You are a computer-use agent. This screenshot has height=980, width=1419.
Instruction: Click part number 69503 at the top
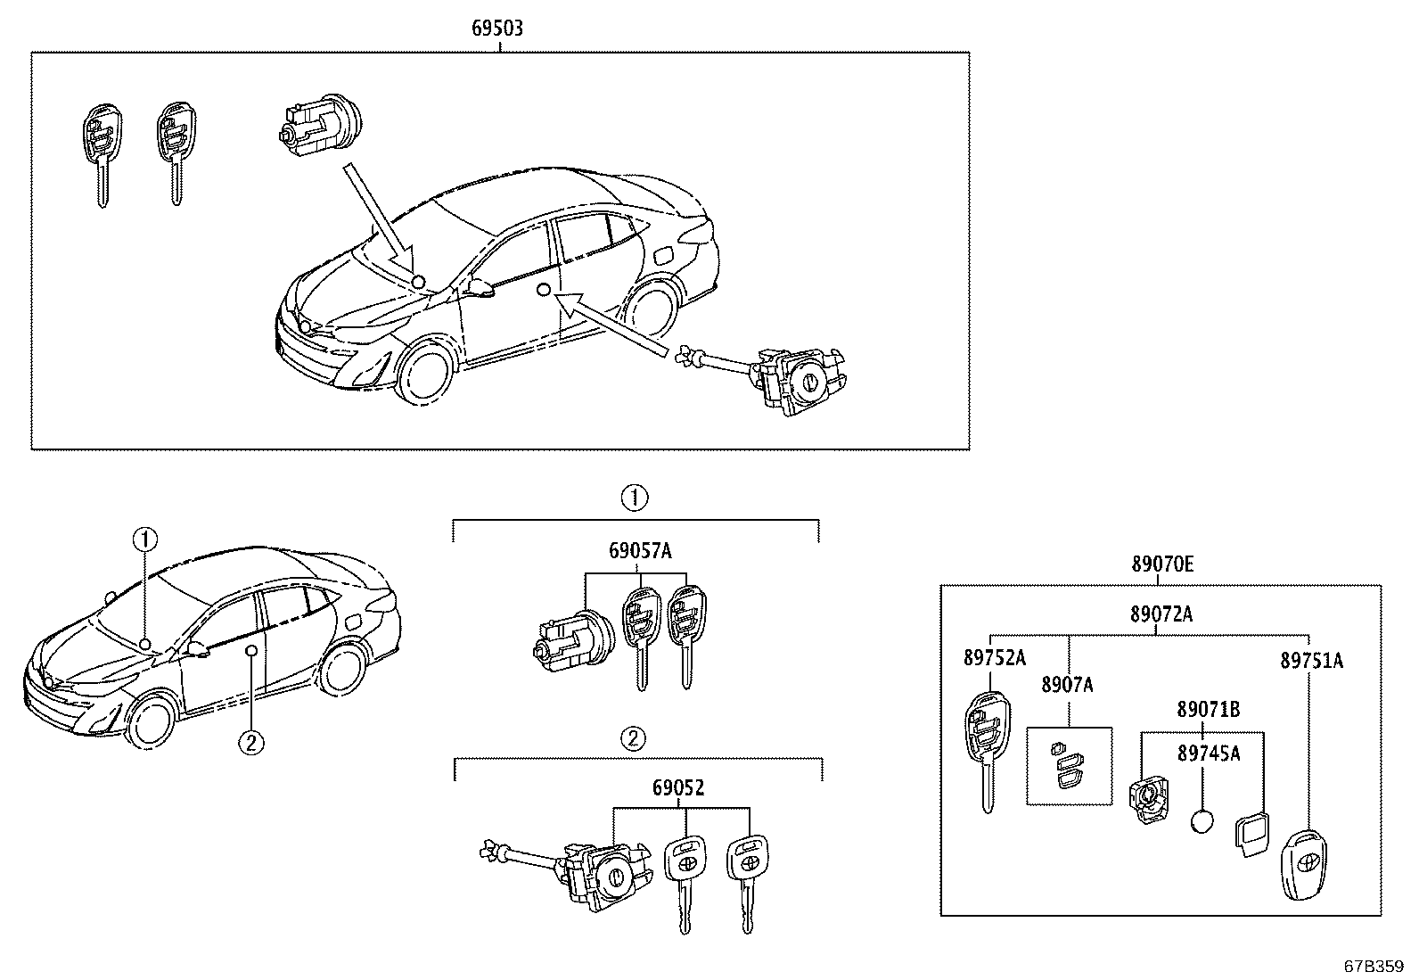tap(496, 29)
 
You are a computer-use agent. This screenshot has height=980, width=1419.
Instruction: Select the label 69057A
tap(640, 550)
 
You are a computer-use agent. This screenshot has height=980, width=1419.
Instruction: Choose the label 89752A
tap(994, 658)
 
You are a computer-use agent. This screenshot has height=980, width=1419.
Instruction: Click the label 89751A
tap(1311, 661)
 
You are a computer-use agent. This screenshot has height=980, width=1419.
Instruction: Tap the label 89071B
tap(1208, 710)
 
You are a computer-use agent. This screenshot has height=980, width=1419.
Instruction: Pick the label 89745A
tap(1208, 754)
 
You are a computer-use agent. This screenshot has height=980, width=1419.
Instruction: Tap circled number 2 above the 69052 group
tap(633, 738)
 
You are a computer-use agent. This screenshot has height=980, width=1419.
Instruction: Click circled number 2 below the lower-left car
tap(251, 742)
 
